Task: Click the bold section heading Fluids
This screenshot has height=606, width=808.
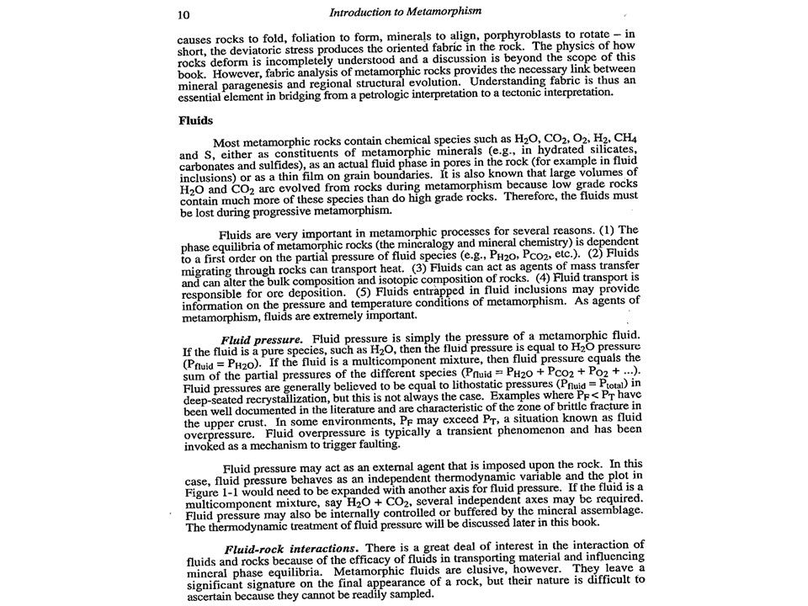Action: [x=195, y=120]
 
